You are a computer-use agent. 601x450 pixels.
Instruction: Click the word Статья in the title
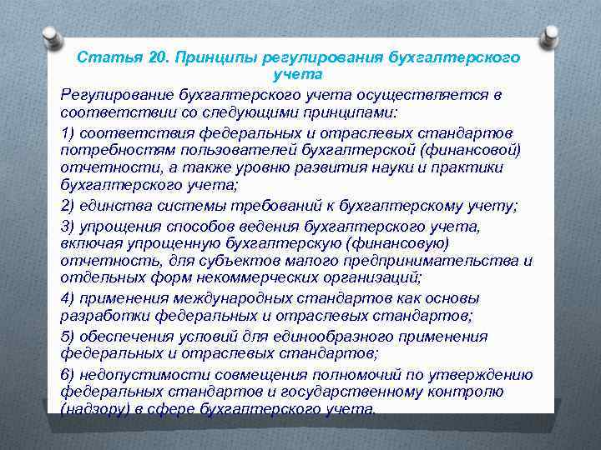click(99, 57)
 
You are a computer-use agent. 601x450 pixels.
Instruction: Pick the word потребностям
click(109, 150)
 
